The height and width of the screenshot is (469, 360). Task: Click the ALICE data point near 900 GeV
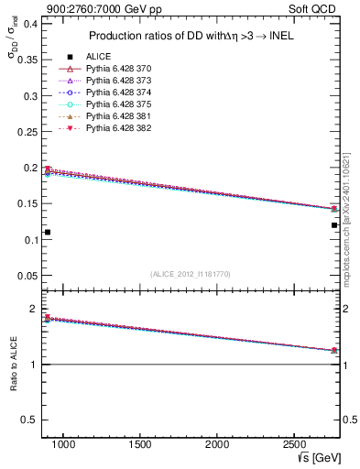[x=48, y=232]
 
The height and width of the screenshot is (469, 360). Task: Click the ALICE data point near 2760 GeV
[x=334, y=224]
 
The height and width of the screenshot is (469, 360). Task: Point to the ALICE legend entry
[x=98, y=57]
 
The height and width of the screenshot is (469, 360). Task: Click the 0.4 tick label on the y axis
[x=28, y=24]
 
